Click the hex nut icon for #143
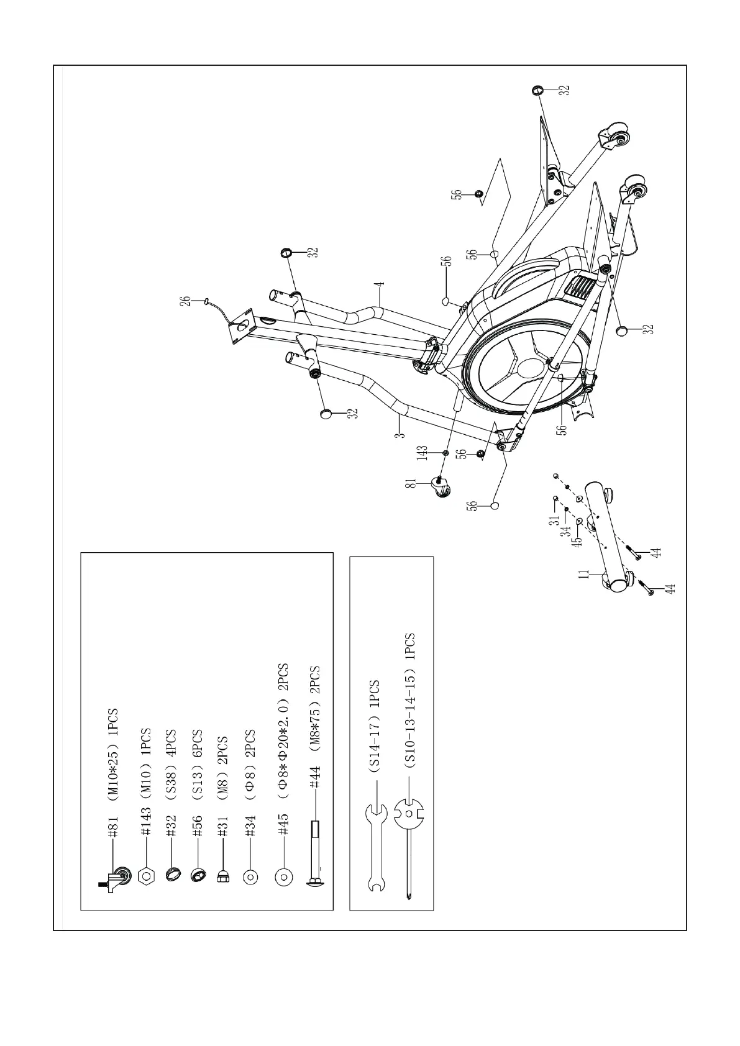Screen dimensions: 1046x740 pyautogui.click(x=146, y=876)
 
